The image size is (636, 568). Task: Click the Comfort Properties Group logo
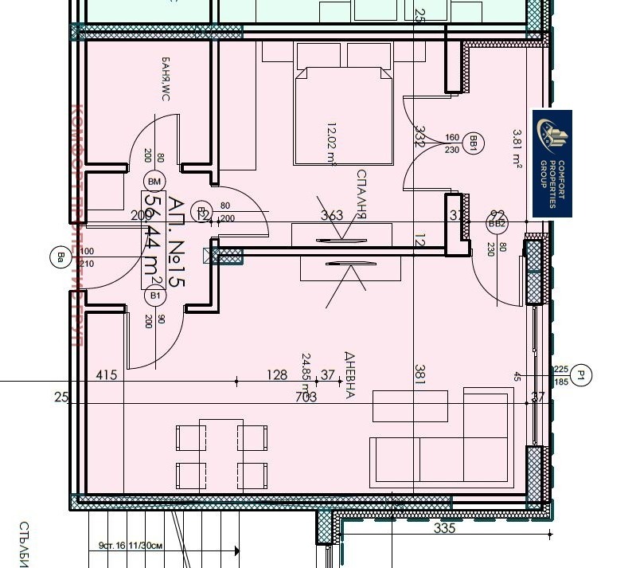click(552, 163)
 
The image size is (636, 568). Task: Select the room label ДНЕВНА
click(349, 374)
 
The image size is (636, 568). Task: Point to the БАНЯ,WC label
click(166, 80)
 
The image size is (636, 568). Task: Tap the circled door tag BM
click(154, 182)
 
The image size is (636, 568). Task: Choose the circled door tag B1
click(155, 296)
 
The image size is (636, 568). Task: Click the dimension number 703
click(306, 397)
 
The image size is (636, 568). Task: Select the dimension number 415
click(107, 374)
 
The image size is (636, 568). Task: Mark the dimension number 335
click(444, 528)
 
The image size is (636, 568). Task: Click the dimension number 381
click(419, 374)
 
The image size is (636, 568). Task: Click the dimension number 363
click(331, 215)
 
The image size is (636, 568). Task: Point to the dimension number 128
click(276, 374)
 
